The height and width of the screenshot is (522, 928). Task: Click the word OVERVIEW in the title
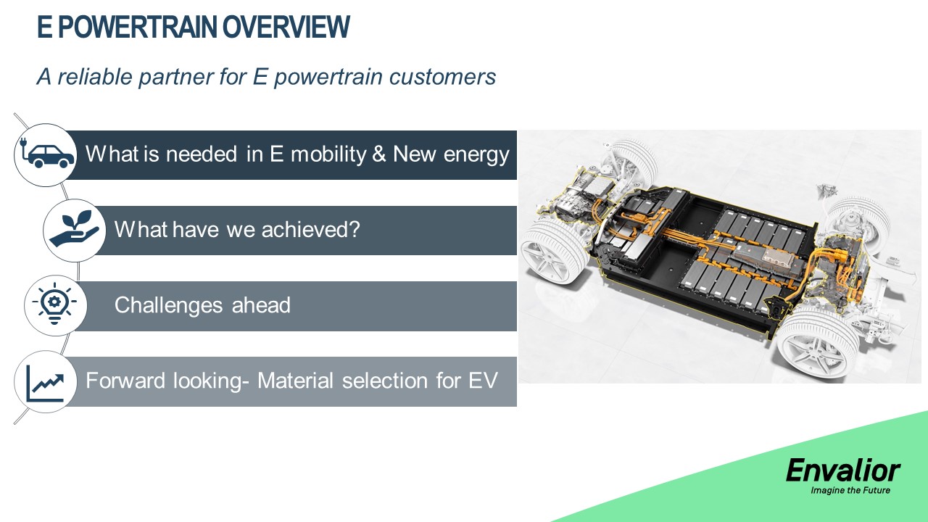pos(286,27)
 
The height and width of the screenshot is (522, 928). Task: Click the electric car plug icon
pos(46,155)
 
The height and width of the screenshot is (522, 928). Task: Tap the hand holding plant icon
pos(75,229)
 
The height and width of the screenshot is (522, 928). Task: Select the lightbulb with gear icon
pos(54,304)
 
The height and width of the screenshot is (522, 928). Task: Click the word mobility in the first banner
pos(328,154)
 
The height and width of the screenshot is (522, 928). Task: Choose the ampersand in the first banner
pos(379,154)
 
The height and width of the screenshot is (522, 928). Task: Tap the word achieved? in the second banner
pos(311,229)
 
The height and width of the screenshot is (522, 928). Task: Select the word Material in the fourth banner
pos(295,381)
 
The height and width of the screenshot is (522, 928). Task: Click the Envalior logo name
pos(842,471)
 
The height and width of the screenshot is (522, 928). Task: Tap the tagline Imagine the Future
pos(850,491)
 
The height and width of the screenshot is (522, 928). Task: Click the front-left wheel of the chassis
pos(555,251)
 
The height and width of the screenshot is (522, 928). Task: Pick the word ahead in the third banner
pos(261,305)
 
